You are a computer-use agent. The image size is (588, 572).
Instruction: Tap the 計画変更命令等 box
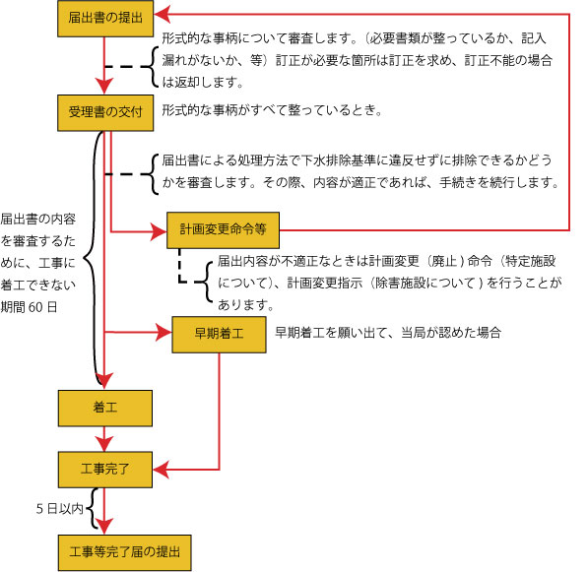(x=225, y=229)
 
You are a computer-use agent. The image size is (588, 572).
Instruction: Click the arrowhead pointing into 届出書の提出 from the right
(x=162, y=15)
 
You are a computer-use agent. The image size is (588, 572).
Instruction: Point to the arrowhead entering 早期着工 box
(x=163, y=333)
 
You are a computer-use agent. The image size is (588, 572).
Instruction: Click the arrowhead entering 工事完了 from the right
(x=161, y=467)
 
